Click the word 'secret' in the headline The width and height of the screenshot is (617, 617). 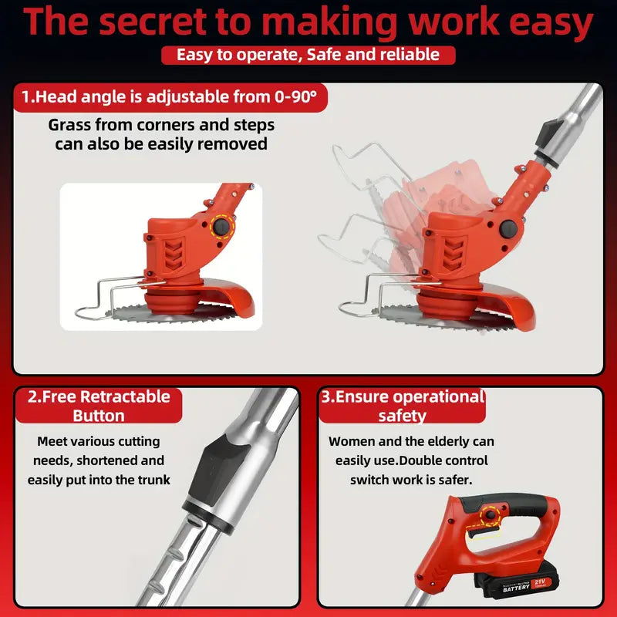point(153,22)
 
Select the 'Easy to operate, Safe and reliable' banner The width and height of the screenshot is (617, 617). point(308,55)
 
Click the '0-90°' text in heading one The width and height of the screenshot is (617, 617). point(296,97)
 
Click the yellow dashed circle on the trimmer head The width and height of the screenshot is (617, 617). point(222,226)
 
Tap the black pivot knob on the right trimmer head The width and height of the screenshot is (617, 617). point(508,229)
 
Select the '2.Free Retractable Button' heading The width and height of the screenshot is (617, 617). point(99,406)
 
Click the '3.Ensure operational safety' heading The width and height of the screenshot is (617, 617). point(402,406)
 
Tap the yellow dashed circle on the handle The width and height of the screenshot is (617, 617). point(491,514)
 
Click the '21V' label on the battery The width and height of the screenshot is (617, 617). point(540,582)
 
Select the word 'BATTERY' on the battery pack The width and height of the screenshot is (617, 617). point(517,588)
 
